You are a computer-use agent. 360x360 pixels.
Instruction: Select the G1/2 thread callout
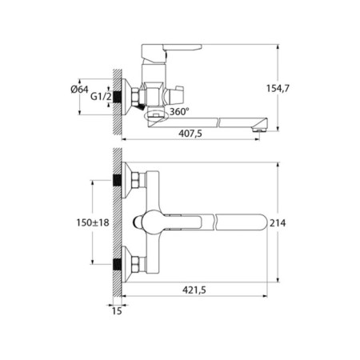[x=99, y=97]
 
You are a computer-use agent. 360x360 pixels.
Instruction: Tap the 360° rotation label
[x=178, y=111]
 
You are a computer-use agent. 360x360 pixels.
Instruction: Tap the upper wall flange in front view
[x=122, y=180]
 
